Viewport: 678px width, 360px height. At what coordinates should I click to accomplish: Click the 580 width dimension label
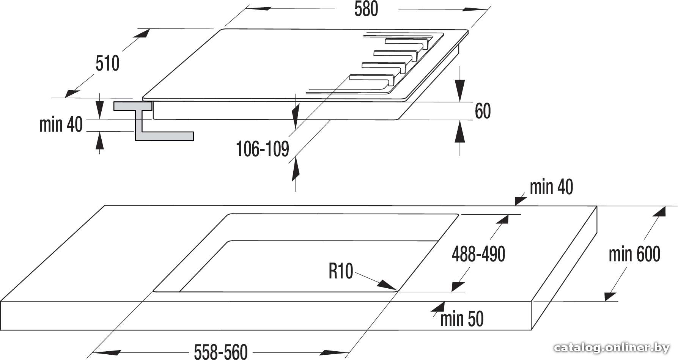(366, 9)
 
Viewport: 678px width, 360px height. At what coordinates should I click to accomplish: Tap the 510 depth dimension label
(107, 63)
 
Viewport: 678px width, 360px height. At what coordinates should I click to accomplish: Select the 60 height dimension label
(483, 111)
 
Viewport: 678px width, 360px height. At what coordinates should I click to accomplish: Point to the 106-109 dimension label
(263, 149)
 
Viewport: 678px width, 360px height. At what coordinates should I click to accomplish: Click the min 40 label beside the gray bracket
(61, 124)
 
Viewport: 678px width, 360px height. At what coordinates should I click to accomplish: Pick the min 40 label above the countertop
(551, 187)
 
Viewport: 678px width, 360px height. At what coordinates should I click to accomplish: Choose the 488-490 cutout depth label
(478, 254)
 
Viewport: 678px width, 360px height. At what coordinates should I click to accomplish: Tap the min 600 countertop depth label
(634, 254)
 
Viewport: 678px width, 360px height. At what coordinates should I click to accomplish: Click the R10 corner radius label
(341, 271)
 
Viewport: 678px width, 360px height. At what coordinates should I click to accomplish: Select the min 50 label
(462, 319)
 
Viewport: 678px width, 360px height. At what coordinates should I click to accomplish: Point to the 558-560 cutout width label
(221, 352)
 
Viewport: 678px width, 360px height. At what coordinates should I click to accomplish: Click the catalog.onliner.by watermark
(612, 347)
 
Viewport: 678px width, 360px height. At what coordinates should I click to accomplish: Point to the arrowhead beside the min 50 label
(439, 307)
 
